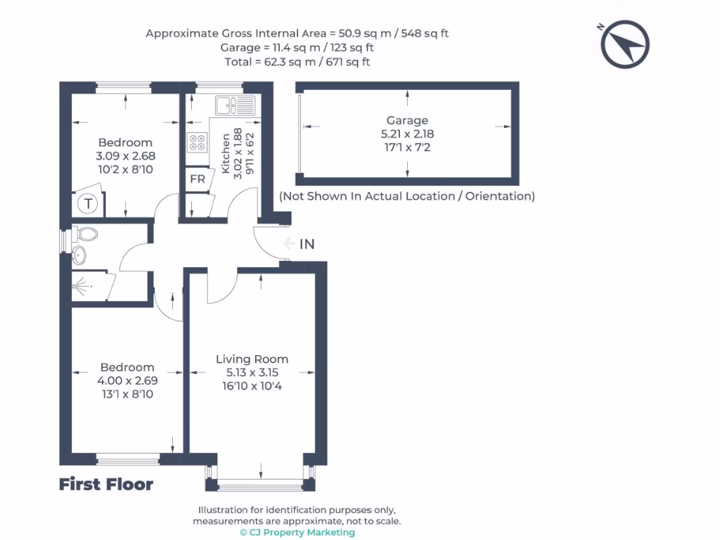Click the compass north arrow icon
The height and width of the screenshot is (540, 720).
point(624,44)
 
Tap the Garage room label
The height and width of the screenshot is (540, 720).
point(407,120)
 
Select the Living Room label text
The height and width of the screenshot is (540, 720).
point(252,359)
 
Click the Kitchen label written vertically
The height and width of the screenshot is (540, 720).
point(226,153)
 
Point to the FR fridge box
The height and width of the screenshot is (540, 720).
point(198,179)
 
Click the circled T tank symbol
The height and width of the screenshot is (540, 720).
point(88,203)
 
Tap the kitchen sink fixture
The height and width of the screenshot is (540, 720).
point(235,105)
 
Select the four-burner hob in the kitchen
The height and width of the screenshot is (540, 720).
point(197,142)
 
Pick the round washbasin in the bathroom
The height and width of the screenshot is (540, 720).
point(79,255)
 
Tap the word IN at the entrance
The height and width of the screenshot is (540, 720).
point(307,244)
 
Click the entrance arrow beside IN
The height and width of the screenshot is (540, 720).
point(289,243)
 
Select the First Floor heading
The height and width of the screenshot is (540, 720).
point(106,484)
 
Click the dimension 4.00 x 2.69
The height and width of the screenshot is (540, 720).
point(127,380)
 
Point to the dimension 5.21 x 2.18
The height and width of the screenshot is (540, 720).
point(407,134)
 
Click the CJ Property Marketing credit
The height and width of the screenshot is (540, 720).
point(297,532)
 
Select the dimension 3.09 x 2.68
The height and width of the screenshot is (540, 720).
point(125,156)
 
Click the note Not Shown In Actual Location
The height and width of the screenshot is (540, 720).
point(407,196)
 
